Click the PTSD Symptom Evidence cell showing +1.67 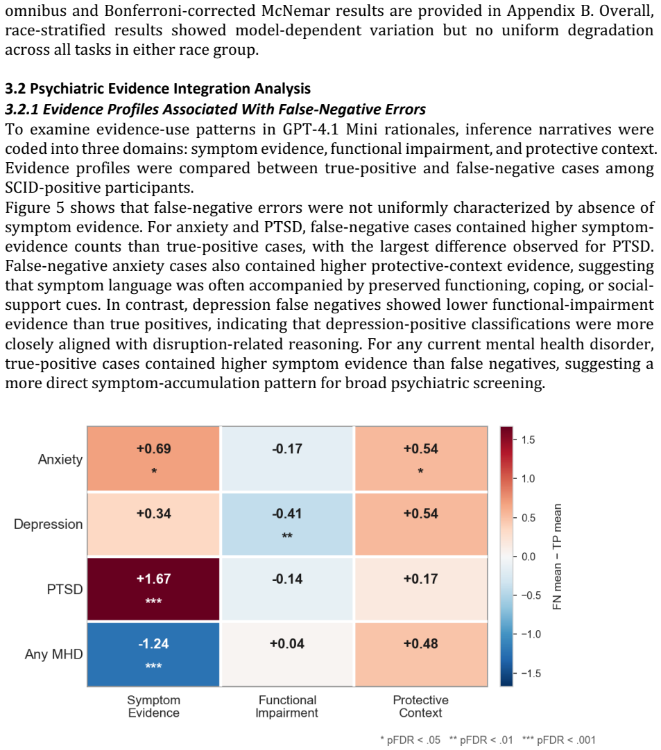tap(153, 588)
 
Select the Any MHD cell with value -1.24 tap(153, 654)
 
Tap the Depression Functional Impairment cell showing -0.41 tap(287, 524)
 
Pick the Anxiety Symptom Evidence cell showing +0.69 tap(153, 459)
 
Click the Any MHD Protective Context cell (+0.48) tap(421, 654)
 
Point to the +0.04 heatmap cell tap(287, 654)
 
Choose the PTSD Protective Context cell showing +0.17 tap(421, 588)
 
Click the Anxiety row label tap(60, 459)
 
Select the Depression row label tap(49, 524)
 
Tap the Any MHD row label tap(53, 654)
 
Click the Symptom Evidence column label tap(154, 706)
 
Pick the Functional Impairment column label tap(287, 706)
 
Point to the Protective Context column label tap(421, 706)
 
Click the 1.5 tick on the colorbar tap(528, 439)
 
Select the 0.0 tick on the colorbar tap(528, 557)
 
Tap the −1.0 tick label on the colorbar tap(531, 634)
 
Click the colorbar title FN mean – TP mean tap(557, 557)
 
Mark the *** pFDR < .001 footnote tap(558, 740)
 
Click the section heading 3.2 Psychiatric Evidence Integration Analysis tap(158, 89)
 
